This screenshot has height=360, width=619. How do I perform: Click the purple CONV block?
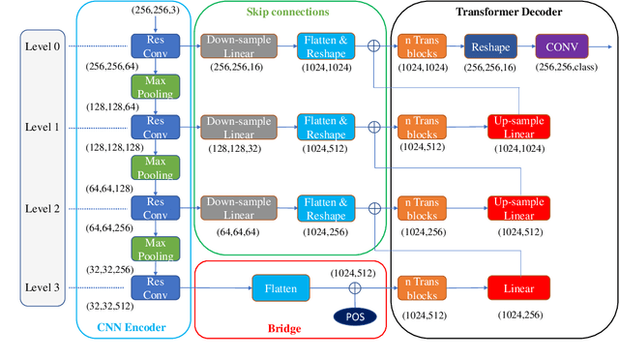click(x=560, y=45)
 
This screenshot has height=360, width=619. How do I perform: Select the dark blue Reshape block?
click(x=490, y=45)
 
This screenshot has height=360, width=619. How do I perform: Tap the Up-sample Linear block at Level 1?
click(x=519, y=126)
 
